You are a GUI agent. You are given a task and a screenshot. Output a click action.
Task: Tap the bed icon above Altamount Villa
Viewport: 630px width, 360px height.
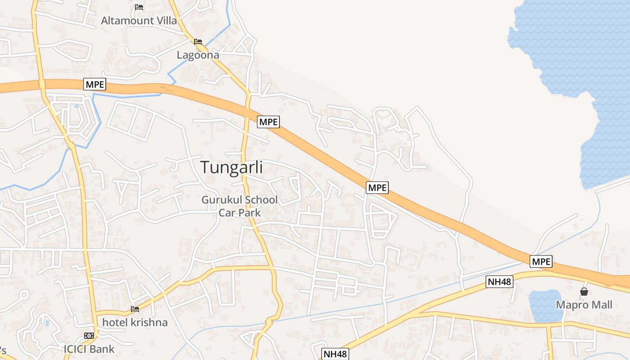point(139,7)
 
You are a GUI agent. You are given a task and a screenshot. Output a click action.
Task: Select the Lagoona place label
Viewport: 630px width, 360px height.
point(198,55)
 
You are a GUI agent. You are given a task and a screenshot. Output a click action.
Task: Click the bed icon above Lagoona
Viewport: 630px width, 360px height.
point(198,42)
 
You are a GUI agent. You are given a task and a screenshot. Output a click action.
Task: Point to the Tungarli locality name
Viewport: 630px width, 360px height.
point(232,167)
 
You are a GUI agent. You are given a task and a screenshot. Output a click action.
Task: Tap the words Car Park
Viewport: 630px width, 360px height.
point(239,212)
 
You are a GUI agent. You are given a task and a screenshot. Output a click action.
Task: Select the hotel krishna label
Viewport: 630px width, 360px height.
point(135,322)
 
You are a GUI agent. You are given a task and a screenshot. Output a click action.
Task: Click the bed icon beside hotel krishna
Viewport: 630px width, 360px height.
point(135,309)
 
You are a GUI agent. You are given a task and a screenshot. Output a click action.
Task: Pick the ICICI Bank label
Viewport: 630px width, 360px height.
point(89,349)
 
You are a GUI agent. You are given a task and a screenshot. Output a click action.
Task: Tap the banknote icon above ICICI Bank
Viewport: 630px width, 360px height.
point(89,336)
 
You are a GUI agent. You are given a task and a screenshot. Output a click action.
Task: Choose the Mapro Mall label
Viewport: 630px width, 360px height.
point(584,305)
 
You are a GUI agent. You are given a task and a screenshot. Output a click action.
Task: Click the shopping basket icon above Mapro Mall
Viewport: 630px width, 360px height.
point(584,292)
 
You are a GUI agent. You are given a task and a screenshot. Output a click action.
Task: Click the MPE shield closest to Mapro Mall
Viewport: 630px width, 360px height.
point(541,261)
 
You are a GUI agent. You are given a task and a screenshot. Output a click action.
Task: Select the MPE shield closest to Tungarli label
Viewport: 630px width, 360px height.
point(269,121)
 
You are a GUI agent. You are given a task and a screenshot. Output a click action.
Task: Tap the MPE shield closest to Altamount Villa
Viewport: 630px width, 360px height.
point(94,84)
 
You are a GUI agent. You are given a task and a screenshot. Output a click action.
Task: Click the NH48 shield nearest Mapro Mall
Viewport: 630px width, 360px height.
point(499,282)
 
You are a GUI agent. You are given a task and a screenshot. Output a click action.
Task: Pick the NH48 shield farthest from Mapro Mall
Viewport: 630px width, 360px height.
point(335,354)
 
